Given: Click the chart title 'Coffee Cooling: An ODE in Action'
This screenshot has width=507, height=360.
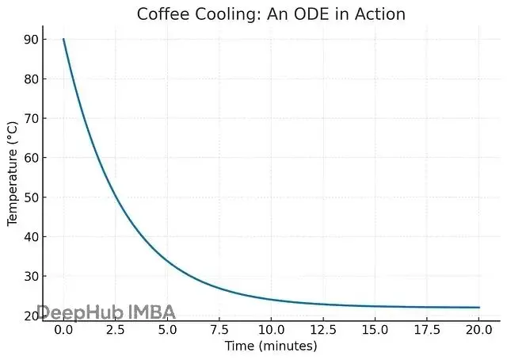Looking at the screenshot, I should pos(272,13).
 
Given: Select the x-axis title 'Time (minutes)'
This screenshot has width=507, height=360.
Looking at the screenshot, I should pos(272,347).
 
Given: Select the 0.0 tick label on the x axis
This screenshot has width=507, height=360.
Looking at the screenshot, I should pos(63,330).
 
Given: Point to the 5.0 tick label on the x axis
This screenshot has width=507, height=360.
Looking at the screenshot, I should pos(167,330).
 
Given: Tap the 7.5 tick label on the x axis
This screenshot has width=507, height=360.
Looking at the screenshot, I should pos(219,330).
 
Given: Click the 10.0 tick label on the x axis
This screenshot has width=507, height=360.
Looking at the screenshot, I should pos(271,330).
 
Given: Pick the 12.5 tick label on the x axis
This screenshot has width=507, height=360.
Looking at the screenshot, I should pos(323,330).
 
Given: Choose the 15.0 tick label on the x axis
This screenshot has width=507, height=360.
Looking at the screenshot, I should pos(375,330).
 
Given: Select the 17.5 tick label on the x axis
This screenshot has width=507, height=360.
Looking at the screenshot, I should pos(428,330).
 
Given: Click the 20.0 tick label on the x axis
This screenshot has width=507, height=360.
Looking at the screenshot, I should pos(479,330).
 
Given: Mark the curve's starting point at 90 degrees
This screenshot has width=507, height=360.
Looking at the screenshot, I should pos(63,40).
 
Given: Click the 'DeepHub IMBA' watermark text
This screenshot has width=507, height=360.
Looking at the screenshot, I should pos(106,312).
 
